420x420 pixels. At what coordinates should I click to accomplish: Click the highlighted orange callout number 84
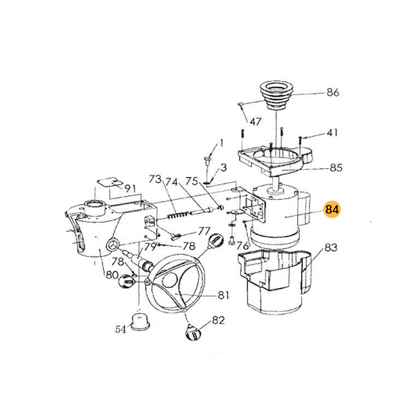(332, 209)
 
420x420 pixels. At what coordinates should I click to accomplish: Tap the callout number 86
(333, 92)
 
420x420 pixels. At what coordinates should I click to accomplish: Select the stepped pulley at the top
(277, 95)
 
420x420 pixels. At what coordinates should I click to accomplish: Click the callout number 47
(256, 122)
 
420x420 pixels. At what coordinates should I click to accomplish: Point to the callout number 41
(332, 133)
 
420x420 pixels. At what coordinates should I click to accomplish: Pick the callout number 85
(336, 167)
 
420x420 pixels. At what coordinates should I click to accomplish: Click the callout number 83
(331, 247)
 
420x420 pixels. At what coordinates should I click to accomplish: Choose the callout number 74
(172, 182)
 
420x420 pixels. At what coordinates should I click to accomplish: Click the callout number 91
(130, 188)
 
